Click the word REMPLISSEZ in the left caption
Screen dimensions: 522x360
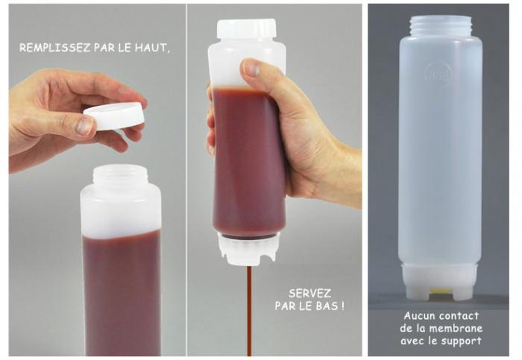54,48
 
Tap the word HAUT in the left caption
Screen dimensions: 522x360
150,48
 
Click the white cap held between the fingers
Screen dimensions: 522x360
115,115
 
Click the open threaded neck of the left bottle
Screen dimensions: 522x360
120,175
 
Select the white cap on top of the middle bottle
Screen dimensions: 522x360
246,29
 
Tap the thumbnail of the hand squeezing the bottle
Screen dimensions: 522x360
252,69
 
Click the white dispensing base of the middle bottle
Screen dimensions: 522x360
248,249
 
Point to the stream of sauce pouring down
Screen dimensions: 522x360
249,310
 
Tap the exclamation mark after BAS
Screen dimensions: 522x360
342,306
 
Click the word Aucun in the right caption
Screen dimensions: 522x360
419,315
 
